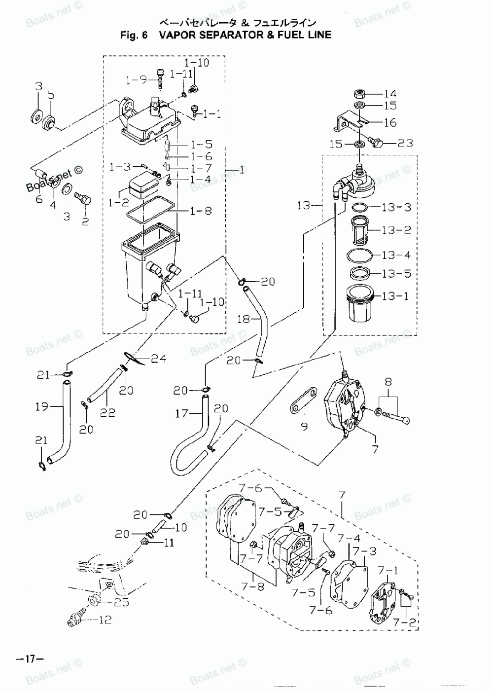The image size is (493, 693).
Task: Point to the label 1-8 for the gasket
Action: [x=201, y=211]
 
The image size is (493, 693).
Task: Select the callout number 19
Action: [x=41, y=406]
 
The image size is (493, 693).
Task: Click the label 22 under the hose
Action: [x=107, y=412]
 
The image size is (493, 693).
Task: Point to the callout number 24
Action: [x=158, y=359]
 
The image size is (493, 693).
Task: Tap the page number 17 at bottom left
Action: [x=30, y=658]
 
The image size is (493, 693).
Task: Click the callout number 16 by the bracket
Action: [x=390, y=122]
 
